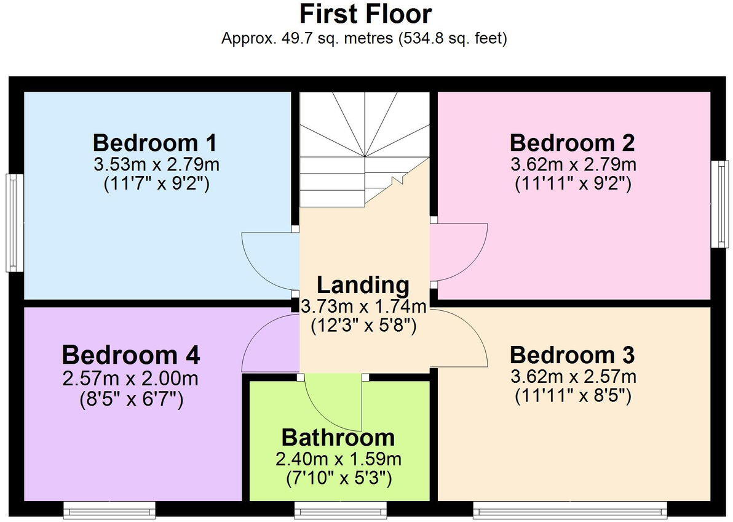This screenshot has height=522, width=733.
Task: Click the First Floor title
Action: pyautogui.click(x=365, y=14)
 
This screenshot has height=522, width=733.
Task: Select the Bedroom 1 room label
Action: pyautogui.click(x=154, y=143)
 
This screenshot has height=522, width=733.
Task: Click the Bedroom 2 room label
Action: pyautogui.click(x=572, y=143)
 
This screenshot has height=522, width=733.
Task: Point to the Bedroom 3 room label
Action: pyautogui.click(x=572, y=355)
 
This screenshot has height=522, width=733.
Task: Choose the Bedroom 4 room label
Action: pyautogui.click(x=130, y=355)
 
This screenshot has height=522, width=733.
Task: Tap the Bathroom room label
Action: pyautogui.click(x=338, y=438)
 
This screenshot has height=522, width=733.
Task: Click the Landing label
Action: pyautogui.click(x=363, y=285)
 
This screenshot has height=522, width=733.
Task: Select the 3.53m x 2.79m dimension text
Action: pyautogui.click(x=156, y=164)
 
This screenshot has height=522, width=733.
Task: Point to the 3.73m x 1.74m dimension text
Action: pyautogui.click(x=364, y=305)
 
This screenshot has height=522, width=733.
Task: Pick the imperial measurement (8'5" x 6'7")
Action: pyautogui.click(x=131, y=400)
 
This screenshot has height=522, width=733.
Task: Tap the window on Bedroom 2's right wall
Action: pyautogui.click(x=719, y=204)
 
